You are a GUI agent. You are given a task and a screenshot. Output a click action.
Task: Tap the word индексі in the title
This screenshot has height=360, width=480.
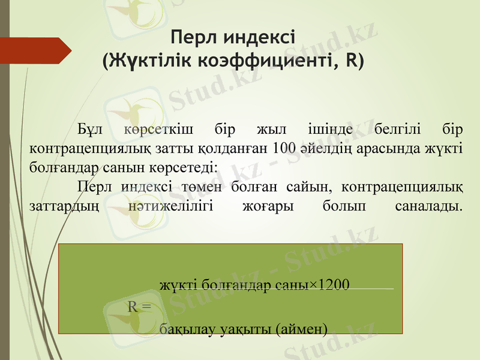[258, 38]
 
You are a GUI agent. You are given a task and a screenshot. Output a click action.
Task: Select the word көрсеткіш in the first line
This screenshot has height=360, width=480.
[152, 130]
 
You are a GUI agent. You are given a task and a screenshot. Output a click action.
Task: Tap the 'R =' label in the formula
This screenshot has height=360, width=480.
[139, 306]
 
